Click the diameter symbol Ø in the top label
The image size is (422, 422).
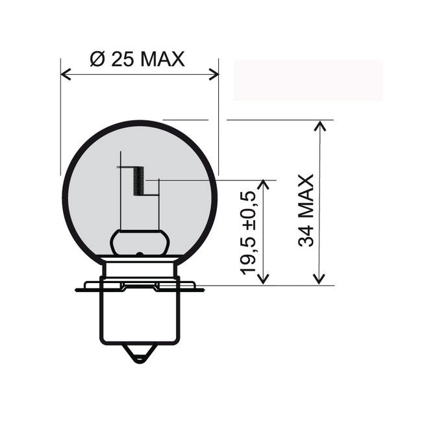pos(97,59)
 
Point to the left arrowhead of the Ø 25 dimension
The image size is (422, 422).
pos(65,74)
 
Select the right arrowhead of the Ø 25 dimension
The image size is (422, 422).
pos(214,74)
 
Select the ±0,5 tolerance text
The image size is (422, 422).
pos(249,212)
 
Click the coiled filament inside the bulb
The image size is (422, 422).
pos(138,180)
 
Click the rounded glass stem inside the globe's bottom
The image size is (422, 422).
pos(140,242)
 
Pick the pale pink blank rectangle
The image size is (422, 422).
pos(308,81)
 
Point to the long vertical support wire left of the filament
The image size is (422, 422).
pos(121,195)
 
